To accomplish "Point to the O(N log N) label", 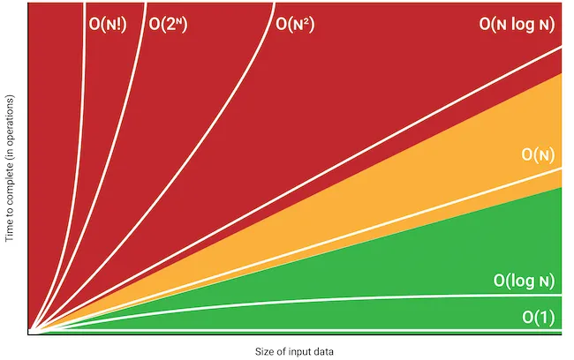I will pyautogui.click(x=517, y=24).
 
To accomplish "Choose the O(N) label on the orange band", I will pyautogui.click(x=538, y=154).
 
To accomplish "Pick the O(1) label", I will pyautogui.click(x=538, y=317).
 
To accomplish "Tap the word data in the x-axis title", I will pyautogui.click(x=322, y=351).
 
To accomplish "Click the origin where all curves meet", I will pyautogui.click(x=31, y=332).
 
